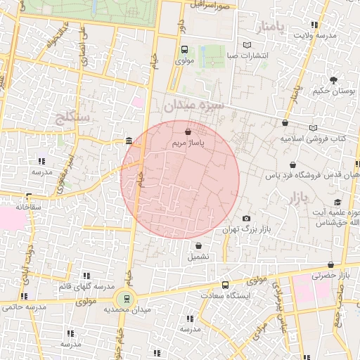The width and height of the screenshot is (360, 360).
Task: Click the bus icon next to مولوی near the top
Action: pyautogui.click(x=184, y=49)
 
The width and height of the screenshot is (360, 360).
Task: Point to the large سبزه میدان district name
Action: pyautogui.click(x=193, y=105)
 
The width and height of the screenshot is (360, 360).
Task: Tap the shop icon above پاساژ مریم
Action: pyautogui.click(x=188, y=131)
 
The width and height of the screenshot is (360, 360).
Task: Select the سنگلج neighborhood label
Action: pyautogui.click(x=72, y=117)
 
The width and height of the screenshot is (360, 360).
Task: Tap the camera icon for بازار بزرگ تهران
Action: pyautogui.click(x=245, y=219)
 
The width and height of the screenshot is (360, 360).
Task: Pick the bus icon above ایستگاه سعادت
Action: pyautogui.click(x=225, y=285)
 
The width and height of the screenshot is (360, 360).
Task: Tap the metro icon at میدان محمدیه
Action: pyautogui.click(x=126, y=298)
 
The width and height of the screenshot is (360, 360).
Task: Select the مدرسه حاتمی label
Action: pyautogui.click(x=21, y=307)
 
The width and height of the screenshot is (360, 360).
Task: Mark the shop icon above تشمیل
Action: pyautogui.click(x=198, y=246)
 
